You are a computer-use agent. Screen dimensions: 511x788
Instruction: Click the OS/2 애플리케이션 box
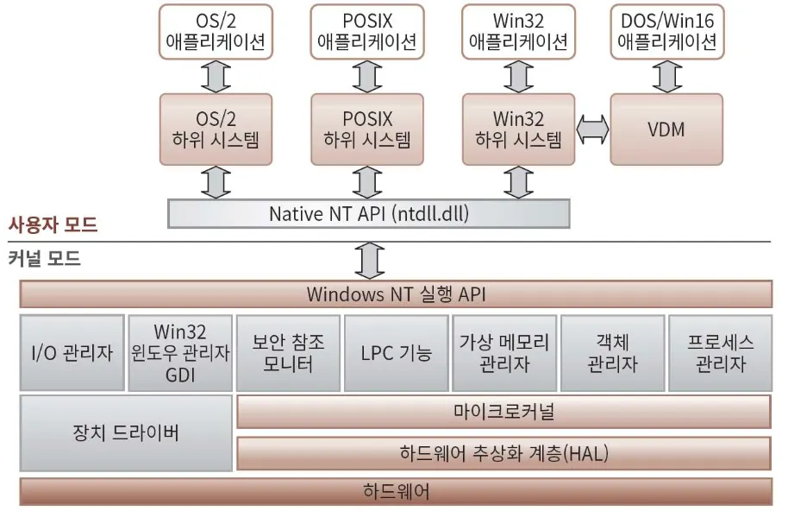[216, 31]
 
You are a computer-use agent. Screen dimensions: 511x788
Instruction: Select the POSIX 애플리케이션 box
[367, 31]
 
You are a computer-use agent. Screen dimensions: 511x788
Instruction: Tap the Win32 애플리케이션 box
[518, 31]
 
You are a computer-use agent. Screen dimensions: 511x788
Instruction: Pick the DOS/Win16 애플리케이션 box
[667, 31]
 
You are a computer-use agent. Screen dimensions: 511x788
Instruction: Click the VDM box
[666, 129]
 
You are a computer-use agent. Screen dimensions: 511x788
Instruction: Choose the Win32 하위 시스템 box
[518, 129]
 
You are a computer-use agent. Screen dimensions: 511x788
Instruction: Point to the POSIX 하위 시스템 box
[367, 129]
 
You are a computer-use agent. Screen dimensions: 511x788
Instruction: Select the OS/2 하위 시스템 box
[216, 129]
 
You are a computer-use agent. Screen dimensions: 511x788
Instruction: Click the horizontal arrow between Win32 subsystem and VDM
[592, 129]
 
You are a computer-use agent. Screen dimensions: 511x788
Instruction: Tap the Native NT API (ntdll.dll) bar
[368, 213]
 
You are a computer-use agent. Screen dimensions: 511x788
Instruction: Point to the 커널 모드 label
[45, 257]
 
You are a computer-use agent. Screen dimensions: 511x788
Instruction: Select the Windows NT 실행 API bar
[396, 294]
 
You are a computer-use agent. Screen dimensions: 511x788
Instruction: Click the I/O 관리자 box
[71, 353]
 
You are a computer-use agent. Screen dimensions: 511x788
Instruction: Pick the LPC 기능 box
[396, 353]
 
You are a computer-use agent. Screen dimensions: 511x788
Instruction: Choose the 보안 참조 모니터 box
[288, 353]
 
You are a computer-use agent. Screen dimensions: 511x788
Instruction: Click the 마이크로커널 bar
[503, 412]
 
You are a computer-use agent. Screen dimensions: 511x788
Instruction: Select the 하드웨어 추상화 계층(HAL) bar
[503, 453]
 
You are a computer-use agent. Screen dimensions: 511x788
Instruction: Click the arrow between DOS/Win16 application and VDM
[667, 76]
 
